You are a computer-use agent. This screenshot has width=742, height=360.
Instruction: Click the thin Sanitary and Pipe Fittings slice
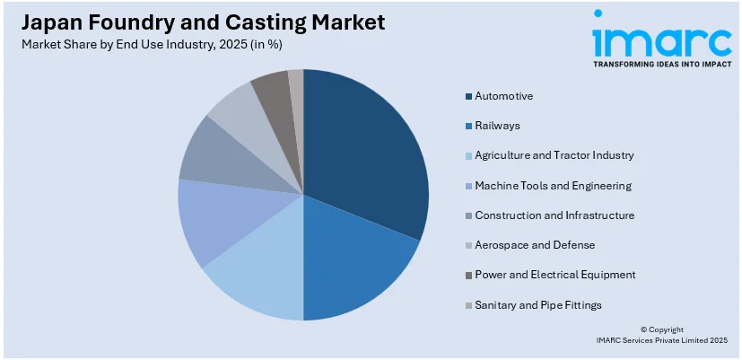click(x=296, y=85)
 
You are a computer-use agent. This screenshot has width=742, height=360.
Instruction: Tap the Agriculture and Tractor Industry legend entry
click(x=554, y=155)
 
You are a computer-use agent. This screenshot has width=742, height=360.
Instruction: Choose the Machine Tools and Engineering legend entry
click(x=553, y=186)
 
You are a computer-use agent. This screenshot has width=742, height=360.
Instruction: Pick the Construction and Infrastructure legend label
click(x=554, y=215)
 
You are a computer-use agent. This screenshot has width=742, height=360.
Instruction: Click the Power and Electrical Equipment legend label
click(x=554, y=275)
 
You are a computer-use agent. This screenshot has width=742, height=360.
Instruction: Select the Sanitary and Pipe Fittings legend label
click(x=537, y=305)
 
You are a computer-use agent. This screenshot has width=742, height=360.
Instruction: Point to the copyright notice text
click(x=661, y=335)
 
